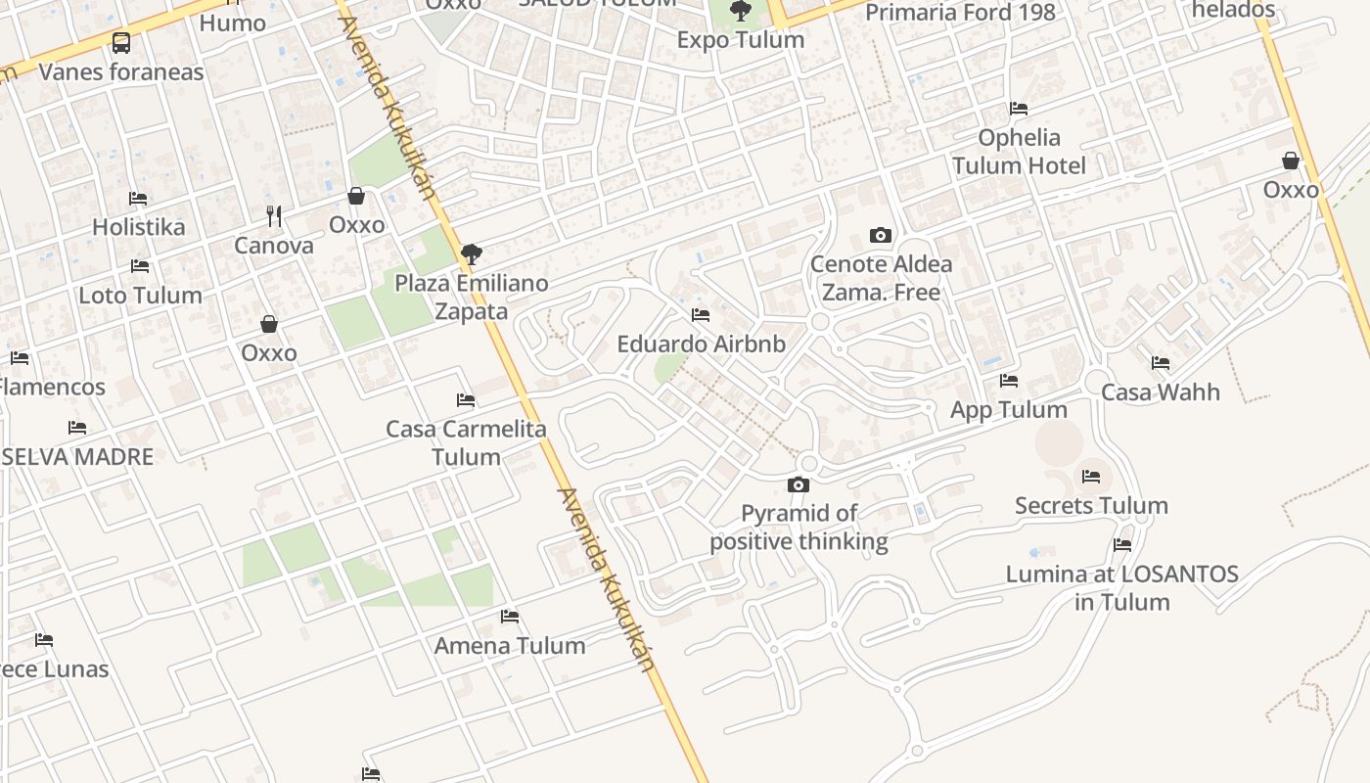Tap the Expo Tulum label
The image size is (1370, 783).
741,40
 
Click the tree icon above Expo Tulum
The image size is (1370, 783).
741,12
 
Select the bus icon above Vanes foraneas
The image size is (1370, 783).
121,43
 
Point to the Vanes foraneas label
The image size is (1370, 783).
121,71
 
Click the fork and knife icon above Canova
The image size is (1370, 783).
274,216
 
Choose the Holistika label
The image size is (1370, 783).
138,227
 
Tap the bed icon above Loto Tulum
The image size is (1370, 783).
140,266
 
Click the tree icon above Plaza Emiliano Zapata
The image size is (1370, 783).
472,254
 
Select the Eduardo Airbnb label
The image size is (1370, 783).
701,345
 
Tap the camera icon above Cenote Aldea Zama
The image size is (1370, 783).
881,236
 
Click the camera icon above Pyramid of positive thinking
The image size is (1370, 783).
799,485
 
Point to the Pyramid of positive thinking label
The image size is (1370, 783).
799,528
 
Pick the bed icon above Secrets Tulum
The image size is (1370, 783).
1091,478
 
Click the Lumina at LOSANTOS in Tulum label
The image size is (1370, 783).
1122,587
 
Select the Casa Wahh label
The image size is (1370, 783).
1161,392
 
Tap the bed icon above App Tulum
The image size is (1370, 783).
1009,381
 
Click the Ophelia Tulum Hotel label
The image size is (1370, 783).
1019,152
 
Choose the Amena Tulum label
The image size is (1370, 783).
510,646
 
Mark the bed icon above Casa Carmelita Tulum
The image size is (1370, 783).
466,400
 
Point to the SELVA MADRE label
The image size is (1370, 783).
77,457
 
